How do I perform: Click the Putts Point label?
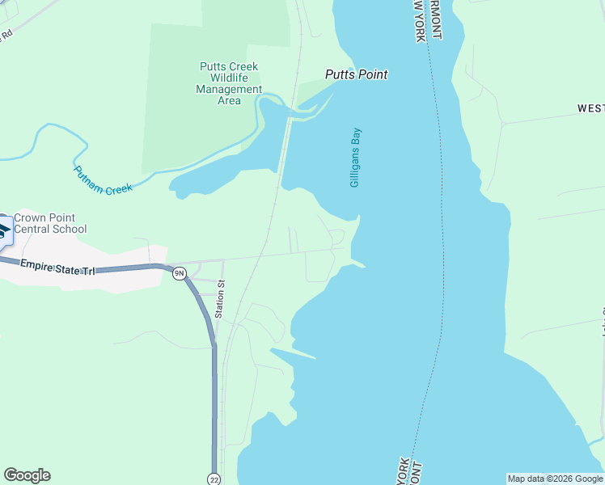356,74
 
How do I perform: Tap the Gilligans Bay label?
355,158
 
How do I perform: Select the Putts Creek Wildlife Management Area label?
229,84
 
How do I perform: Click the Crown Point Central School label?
50,223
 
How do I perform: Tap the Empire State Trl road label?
57,267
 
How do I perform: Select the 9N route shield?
180,273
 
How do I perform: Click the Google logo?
27,475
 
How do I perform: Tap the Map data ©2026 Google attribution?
555,479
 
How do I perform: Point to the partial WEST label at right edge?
590,108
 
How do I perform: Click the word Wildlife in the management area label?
229,78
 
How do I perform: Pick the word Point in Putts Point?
372,74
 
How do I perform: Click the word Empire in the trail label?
36,264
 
